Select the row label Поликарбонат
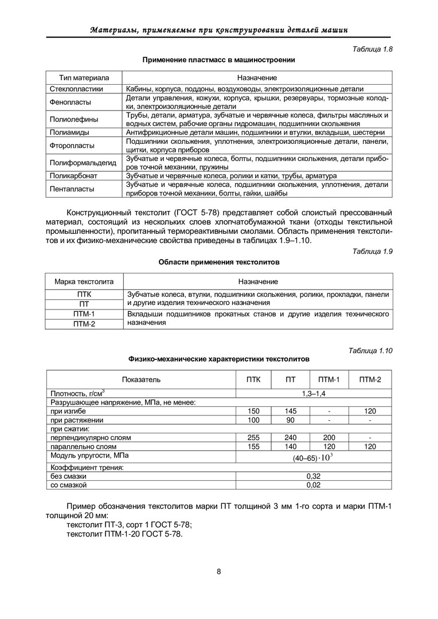point(73,175)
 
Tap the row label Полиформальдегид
point(83,163)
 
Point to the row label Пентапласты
point(72,189)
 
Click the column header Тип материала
point(84,77)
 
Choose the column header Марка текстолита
point(84,281)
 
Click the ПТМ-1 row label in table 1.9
point(84,314)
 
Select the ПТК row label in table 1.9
point(84,294)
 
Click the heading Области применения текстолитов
point(218,261)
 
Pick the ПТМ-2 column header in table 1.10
point(370,379)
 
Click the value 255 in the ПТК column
point(253,437)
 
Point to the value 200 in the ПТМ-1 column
point(329,437)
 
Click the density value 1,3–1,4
point(314,393)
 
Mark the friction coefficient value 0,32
point(314,476)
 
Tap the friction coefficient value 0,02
point(314,485)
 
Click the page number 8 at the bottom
point(219,571)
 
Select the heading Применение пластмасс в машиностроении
point(218,60)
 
